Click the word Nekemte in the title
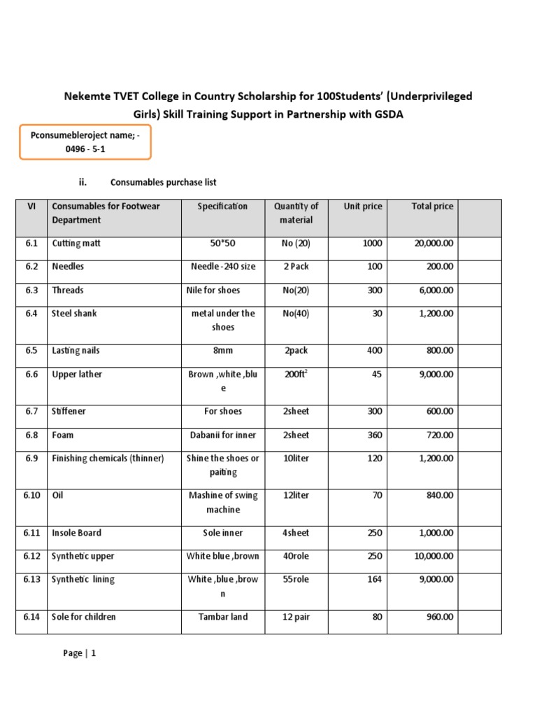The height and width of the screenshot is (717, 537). (87, 96)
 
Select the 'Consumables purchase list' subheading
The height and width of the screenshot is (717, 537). (163, 182)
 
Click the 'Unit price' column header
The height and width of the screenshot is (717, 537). (363, 206)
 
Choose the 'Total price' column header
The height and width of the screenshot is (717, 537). (431, 206)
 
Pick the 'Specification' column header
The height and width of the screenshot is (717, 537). (222, 206)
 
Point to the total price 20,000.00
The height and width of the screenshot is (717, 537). (434, 244)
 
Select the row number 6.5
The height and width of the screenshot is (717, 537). (31, 351)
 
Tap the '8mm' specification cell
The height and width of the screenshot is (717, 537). (222, 351)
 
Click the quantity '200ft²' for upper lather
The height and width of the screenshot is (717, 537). (296, 375)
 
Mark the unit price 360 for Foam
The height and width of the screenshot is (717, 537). (375, 435)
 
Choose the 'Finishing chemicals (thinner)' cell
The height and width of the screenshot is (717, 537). (108, 459)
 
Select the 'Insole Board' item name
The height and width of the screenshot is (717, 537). (77, 533)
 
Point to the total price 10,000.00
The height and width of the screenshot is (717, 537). (434, 556)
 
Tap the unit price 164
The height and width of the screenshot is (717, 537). (375, 580)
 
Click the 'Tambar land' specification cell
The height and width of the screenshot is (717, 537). (222, 617)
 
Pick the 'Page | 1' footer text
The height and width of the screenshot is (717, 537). (80, 653)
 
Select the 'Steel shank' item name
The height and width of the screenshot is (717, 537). (75, 314)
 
